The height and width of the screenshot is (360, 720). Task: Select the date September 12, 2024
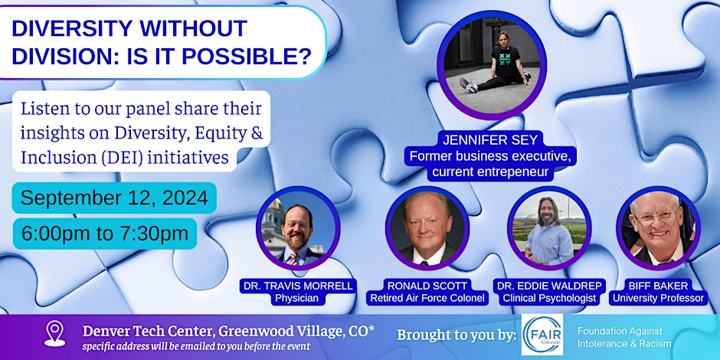[114, 198]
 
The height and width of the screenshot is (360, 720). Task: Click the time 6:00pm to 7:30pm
[105, 234]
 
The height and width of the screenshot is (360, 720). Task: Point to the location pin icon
[54, 333]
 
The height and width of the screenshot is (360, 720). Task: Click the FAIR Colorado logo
[542, 335]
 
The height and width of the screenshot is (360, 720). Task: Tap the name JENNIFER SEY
[489, 140]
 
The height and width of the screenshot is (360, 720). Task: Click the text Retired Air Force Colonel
[427, 299]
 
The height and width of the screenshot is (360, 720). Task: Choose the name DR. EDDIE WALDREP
[549, 286]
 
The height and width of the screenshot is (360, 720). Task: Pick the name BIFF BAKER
[658, 286]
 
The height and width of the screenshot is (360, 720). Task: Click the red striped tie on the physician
[292, 259]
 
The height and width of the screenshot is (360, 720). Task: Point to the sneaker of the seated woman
[468, 85]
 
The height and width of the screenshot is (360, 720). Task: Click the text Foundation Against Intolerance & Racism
[624, 337]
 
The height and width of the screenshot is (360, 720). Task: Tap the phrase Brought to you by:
[456, 335]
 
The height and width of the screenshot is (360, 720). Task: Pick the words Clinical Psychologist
[549, 299]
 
